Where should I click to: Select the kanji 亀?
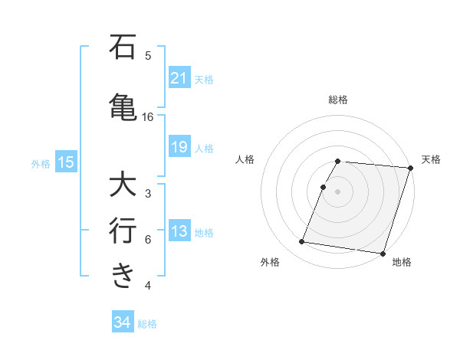pos(123,106)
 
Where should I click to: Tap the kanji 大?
pos(123,185)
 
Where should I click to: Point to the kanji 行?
pos(123,230)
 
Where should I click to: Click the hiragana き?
pos(123,276)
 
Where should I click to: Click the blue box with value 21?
pos(179,78)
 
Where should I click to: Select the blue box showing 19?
pos(179,147)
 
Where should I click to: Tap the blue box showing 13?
pos(179,232)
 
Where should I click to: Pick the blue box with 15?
pos(66,162)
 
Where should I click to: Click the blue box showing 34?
pos(122,323)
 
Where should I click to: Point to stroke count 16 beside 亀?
pos(148,117)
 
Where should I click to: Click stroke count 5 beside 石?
pos(148,56)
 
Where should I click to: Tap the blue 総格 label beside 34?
pos(147,324)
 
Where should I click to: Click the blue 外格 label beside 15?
pos(41,163)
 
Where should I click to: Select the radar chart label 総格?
pos(338,100)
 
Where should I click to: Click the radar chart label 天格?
pos(431,159)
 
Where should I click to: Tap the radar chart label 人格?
pos(245,159)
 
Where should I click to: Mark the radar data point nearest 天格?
pos(411,168)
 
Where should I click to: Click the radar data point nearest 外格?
pos(302,242)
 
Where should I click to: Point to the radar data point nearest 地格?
pos(383,253)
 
